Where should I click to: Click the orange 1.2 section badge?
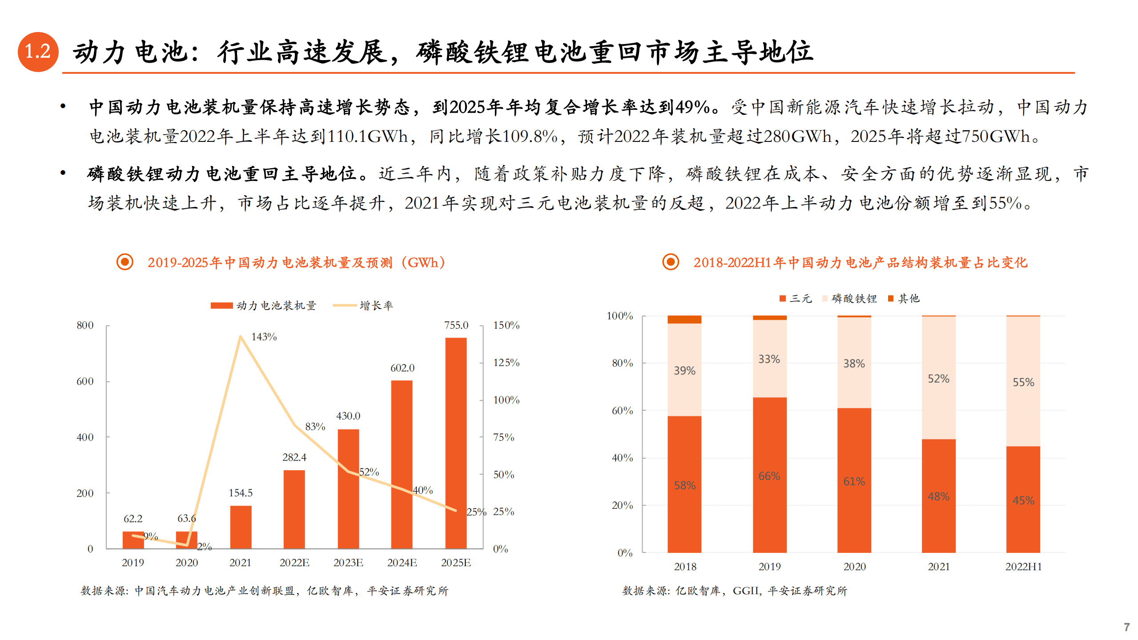[38, 52]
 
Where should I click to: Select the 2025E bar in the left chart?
[456, 443]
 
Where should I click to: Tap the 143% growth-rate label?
[264, 337]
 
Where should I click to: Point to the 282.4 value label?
[294, 457]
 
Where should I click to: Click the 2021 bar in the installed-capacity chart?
[241, 527]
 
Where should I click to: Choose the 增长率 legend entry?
[363, 306]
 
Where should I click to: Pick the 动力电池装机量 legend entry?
[264, 306]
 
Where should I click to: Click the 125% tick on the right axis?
[506, 362]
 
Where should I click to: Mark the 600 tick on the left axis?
[85, 381]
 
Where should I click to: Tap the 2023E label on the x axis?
[348, 563]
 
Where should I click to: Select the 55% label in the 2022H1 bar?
[1023, 382]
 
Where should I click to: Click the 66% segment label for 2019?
[769, 476]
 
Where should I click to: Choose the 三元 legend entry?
[796, 298]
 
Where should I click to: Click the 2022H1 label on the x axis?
[1023, 567]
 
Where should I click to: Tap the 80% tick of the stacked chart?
[622, 363]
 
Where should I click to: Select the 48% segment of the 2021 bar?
[938, 496]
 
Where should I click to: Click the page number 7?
[1126, 627]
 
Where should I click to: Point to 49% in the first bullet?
[692, 107]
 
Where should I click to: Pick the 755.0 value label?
[456, 325]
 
